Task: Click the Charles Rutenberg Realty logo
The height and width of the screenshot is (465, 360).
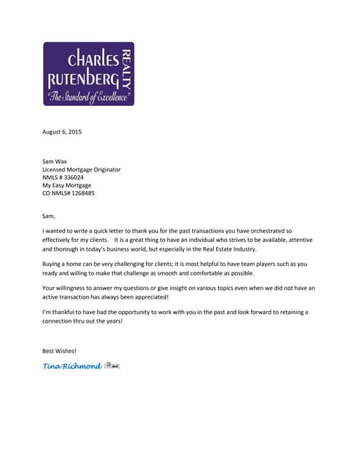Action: pyautogui.click(x=89, y=73)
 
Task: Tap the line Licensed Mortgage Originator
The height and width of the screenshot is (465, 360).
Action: pyautogui.click(x=81, y=169)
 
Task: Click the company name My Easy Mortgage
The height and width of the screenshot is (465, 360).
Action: pyautogui.click(x=67, y=185)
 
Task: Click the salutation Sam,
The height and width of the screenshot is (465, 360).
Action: pyautogui.click(x=49, y=215)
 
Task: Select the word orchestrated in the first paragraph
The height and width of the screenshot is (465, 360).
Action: pyautogui.click(x=260, y=230)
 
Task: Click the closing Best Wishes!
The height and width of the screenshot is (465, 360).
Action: pyautogui.click(x=59, y=351)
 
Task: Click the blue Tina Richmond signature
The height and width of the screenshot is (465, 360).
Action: pyautogui.click(x=72, y=365)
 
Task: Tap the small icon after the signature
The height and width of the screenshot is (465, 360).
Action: pyautogui.click(x=112, y=365)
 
